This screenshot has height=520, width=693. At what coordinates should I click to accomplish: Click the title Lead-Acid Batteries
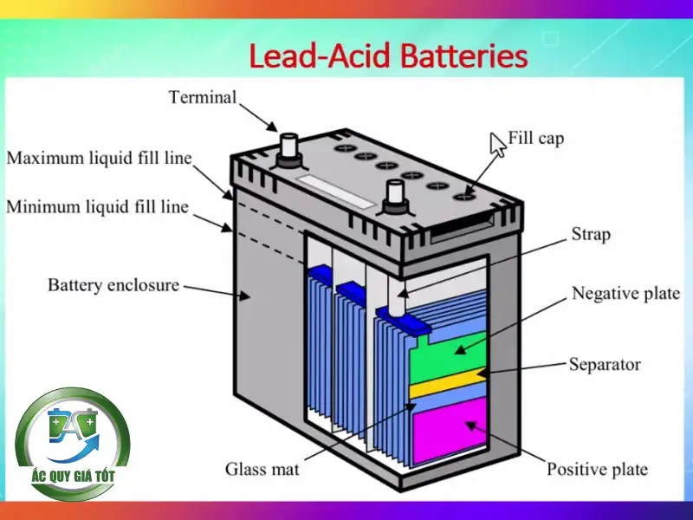pos(388,56)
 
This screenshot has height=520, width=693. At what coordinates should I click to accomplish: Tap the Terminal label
pos(202,97)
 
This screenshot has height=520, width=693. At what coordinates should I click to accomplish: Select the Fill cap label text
pos(536,138)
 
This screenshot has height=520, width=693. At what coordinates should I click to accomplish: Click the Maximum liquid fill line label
pos(100,159)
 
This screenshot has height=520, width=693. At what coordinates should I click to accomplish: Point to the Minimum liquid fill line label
pos(98,208)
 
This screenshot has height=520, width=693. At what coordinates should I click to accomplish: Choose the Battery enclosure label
pos(113,284)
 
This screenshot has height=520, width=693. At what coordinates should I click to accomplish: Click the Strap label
pos(591,234)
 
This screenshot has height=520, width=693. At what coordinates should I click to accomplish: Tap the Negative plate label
pos(625,294)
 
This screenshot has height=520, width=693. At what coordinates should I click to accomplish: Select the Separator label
pos(605,364)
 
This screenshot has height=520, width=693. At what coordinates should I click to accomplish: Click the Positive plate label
pos(597,470)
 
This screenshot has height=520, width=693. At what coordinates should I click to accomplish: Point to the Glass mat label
pos(262,469)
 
